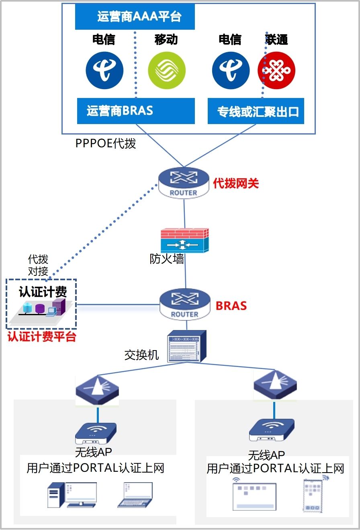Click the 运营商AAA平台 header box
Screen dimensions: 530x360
point(135,17)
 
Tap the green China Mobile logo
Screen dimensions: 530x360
point(167,70)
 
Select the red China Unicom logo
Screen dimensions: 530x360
point(276,70)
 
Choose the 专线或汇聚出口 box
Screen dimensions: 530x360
point(256,111)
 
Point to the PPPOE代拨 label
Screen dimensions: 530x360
point(106,143)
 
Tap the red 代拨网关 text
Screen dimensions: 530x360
point(236,183)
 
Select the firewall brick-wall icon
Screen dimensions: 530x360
point(185,241)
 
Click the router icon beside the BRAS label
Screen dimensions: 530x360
point(185,305)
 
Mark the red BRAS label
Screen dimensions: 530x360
point(231,306)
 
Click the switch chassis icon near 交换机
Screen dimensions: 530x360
point(186,346)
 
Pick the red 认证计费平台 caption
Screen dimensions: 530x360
point(42,336)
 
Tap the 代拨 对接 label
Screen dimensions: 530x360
point(38,265)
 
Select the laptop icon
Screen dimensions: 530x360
point(135,495)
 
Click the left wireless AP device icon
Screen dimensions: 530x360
point(96,433)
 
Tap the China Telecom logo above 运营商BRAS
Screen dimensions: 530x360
point(104,70)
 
